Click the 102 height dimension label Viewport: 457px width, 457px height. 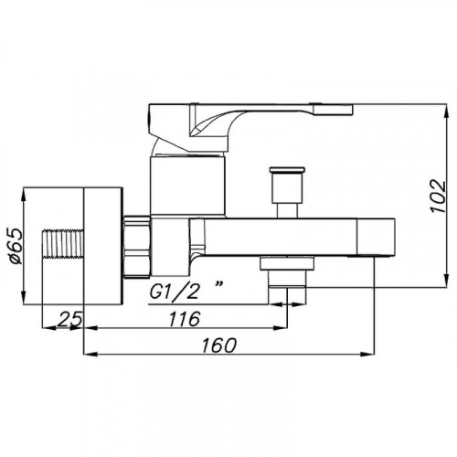point(438,196)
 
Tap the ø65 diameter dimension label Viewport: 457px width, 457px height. point(16,246)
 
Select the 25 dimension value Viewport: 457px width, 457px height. point(69,319)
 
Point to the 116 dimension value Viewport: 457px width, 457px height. point(185,319)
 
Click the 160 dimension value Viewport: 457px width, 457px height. point(219,345)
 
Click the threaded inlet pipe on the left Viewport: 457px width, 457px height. point(63,243)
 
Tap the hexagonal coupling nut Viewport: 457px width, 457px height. point(137,247)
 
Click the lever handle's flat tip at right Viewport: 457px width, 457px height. point(333,110)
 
